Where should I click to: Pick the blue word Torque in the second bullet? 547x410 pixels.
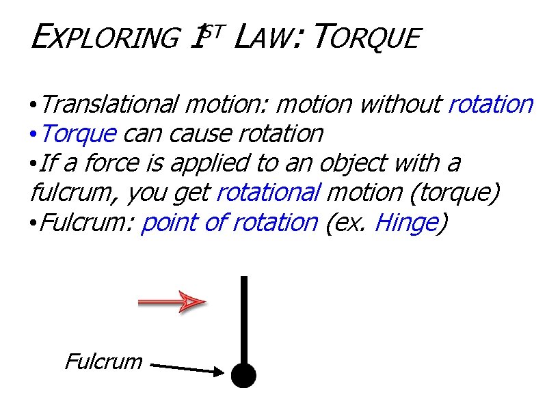click(x=79, y=134)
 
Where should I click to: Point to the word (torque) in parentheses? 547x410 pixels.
click(x=454, y=193)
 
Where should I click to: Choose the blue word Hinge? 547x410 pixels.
click(x=407, y=223)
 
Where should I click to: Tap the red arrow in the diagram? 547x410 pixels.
click(x=172, y=301)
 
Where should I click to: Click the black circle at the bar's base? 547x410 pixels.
click(x=243, y=374)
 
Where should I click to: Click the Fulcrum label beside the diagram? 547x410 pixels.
click(x=103, y=361)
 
